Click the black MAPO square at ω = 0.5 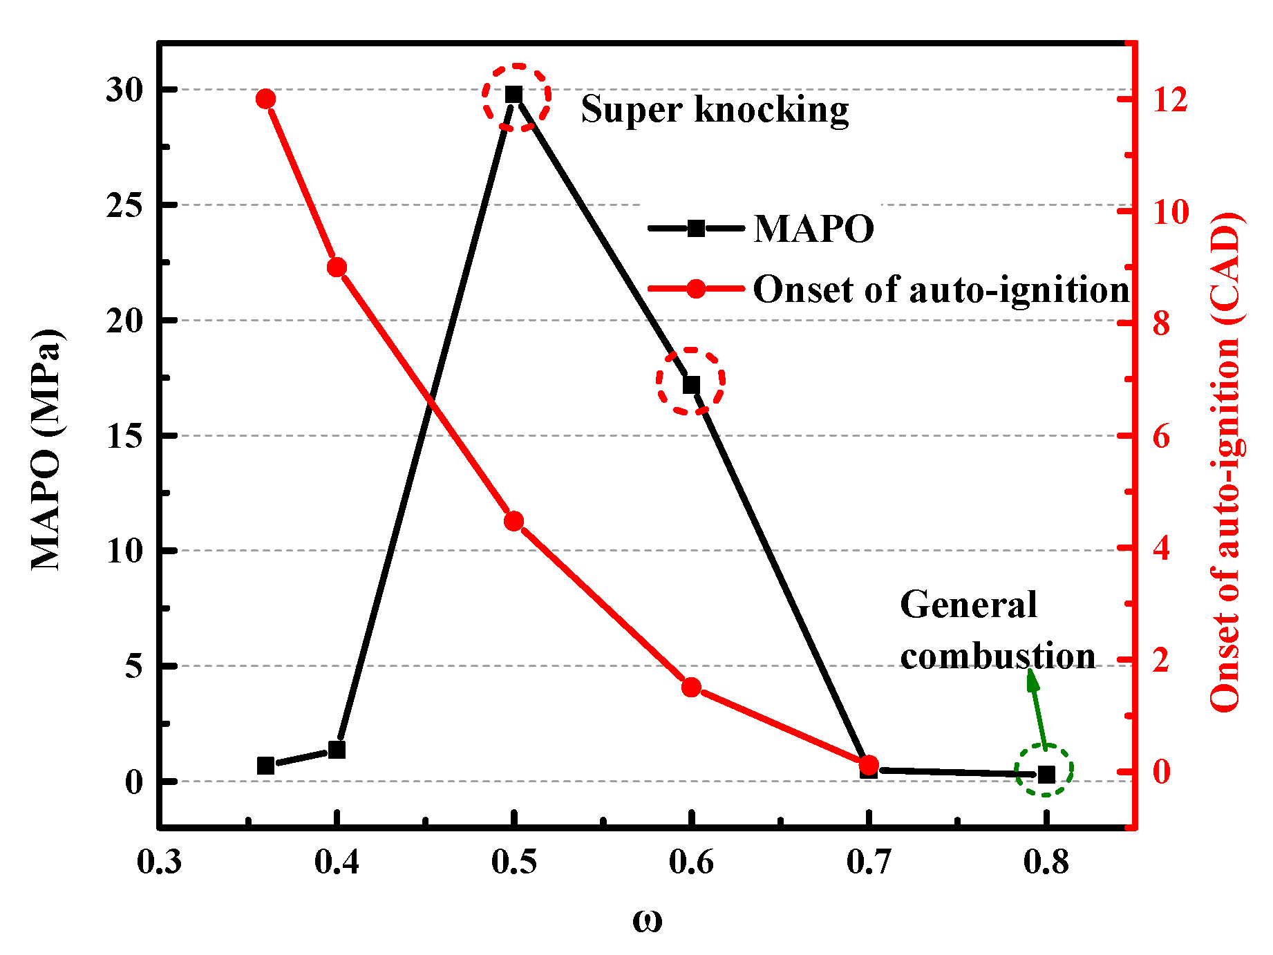coord(513,95)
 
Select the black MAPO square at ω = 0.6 coord(691,384)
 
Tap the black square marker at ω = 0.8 coord(1046,775)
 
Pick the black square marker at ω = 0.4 coord(337,750)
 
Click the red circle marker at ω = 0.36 coord(265,99)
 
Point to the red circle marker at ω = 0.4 coord(337,267)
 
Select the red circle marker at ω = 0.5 coord(513,521)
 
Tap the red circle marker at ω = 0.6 coord(691,687)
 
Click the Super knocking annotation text coord(715,109)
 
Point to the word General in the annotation coord(968,605)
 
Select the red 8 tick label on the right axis coord(1161,323)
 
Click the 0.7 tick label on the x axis coord(869,862)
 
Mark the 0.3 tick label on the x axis coord(159,862)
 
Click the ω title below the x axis coord(647,920)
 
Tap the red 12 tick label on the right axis coord(1169,99)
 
